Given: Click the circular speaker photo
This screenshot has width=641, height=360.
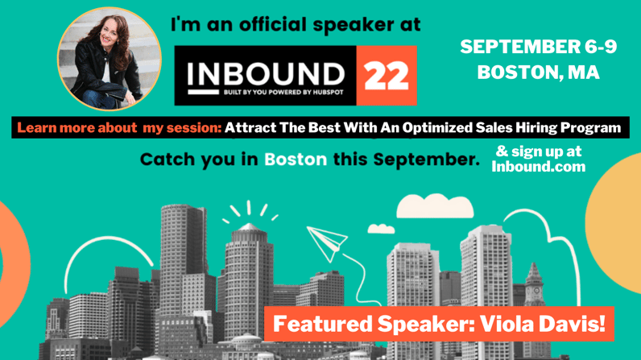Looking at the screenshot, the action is coord(110,59).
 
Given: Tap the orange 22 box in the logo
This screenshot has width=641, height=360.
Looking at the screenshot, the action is coord(387,76).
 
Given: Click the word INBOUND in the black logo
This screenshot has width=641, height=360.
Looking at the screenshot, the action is coord(266,75).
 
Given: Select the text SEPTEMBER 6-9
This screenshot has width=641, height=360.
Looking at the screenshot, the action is coord(539,47).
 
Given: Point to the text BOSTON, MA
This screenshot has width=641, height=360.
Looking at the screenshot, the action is coord(539,72).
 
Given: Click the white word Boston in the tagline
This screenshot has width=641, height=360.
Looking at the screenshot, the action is coord(296,159).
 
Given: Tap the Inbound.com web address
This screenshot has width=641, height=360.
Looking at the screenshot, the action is coord(539,167).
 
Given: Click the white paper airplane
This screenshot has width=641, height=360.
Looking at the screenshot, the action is coord(327,243).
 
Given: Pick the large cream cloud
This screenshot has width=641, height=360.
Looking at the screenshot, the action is coord(435,206).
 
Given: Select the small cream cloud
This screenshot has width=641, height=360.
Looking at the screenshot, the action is coord(381,229).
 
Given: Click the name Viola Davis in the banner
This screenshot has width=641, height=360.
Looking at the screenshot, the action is coord(543,324).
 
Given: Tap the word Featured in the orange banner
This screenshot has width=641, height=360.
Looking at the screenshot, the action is coord(322,324).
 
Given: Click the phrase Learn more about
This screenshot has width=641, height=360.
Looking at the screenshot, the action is coord(77,128).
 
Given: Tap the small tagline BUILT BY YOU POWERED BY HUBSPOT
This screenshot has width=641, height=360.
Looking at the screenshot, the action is coord(283,93).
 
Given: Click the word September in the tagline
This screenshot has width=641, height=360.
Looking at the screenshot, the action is coord(426,159).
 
